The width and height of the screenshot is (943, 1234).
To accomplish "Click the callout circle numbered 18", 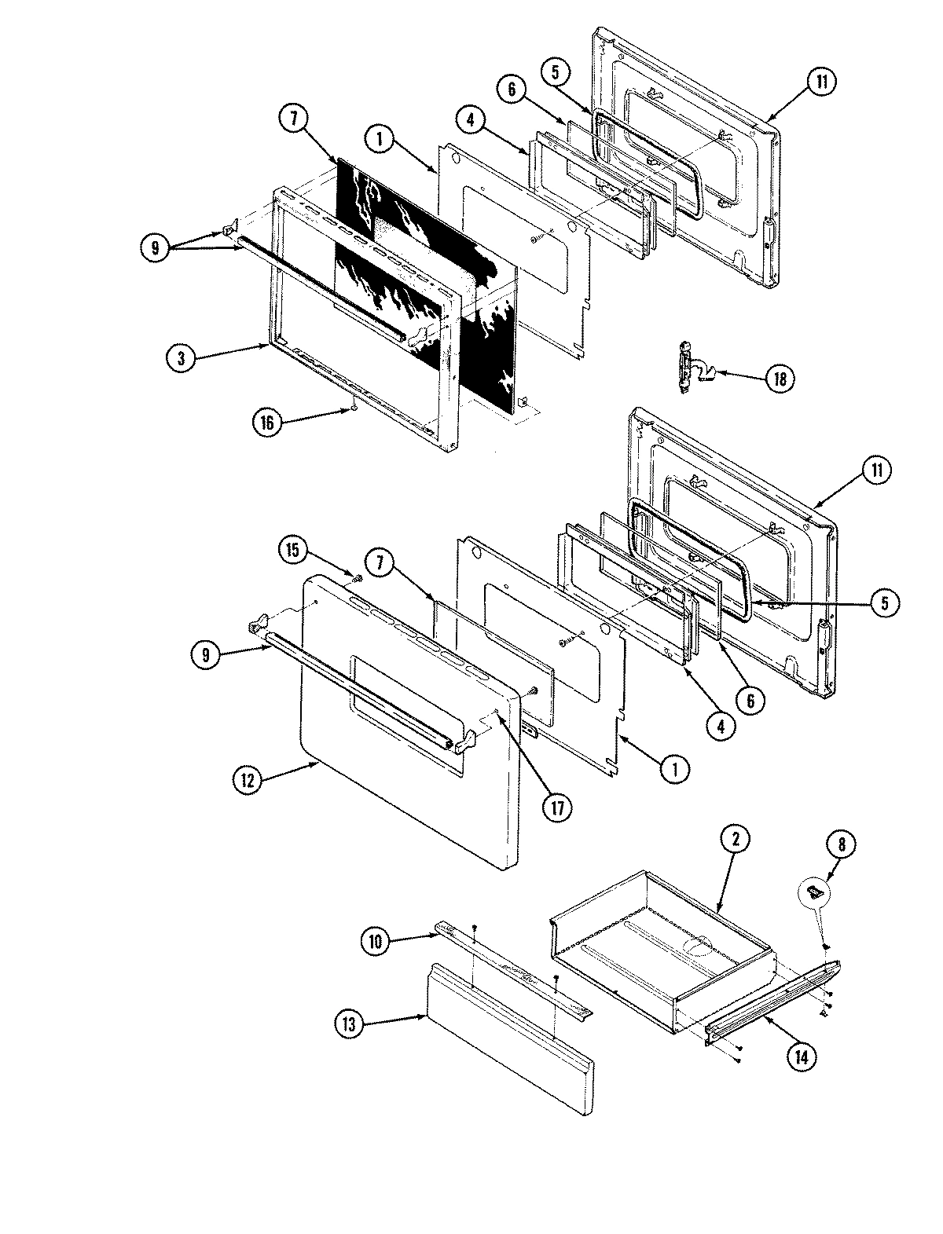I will [x=779, y=378].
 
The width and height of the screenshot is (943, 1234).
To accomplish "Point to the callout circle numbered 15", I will [x=292, y=551].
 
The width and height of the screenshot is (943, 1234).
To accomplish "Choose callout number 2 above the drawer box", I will [x=736, y=839].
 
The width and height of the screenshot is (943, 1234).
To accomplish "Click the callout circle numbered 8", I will [x=841, y=845].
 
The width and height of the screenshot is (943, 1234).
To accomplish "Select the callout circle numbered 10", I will [x=375, y=941].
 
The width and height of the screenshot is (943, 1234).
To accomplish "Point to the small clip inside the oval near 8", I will [x=816, y=889].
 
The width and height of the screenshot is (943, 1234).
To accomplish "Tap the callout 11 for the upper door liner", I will [x=820, y=83].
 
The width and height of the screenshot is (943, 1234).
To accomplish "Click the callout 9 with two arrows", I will [x=155, y=249].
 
